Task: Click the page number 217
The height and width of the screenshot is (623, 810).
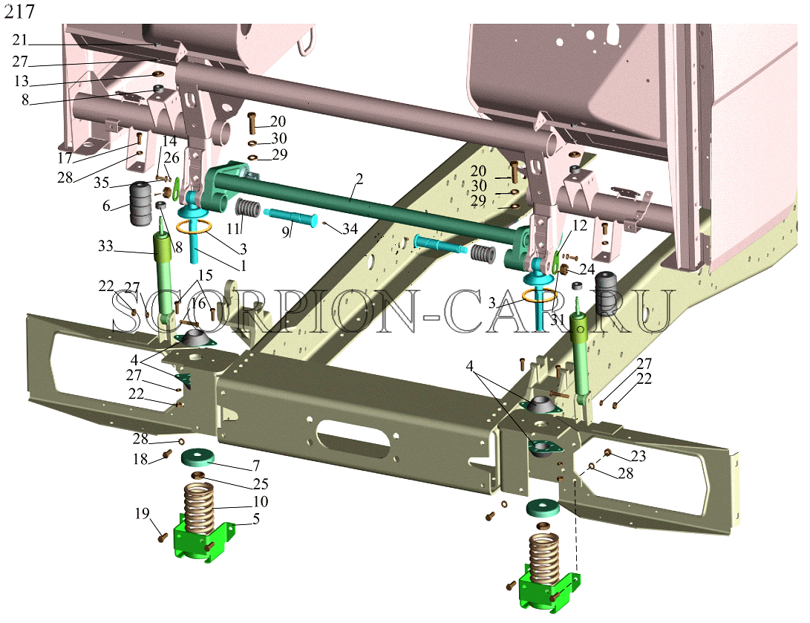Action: click(19, 11)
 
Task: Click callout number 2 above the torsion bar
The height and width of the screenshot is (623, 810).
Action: click(359, 179)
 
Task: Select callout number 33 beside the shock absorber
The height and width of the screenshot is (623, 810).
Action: click(106, 246)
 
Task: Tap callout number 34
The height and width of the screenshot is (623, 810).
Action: click(350, 228)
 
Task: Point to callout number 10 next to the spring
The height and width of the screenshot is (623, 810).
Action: click(261, 502)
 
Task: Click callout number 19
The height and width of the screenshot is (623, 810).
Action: click(142, 514)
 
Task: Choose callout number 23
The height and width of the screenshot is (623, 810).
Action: click(638, 456)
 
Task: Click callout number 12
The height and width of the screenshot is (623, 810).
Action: click(580, 225)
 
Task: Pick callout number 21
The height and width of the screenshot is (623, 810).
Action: click(19, 40)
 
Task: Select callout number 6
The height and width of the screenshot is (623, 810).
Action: click(106, 206)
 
